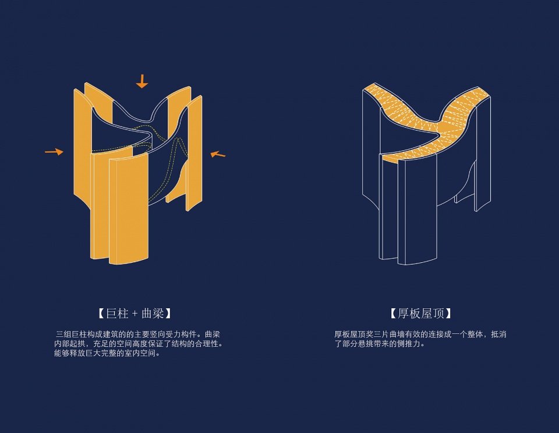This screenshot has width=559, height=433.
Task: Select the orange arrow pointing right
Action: (54, 152)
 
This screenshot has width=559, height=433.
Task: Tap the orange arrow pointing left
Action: (217, 154)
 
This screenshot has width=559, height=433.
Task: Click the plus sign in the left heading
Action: (135, 313)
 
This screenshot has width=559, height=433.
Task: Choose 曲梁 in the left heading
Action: (153, 313)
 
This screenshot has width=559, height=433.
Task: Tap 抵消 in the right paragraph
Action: (499, 335)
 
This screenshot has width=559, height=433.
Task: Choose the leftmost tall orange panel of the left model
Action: (82, 146)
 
